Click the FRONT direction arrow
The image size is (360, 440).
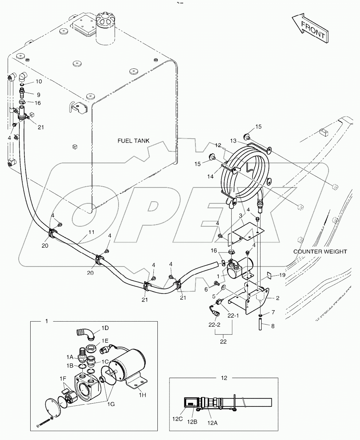(x=310, y=29)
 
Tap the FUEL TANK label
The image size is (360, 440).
(x=134, y=141)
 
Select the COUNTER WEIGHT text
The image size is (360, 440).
(x=320, y=251)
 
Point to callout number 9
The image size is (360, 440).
(x=38, y=95)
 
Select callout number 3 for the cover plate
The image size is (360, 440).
(x=240, y=216)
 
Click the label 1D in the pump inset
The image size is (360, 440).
(x=105, y=328)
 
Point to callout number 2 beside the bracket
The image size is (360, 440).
(x=277, y=298)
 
